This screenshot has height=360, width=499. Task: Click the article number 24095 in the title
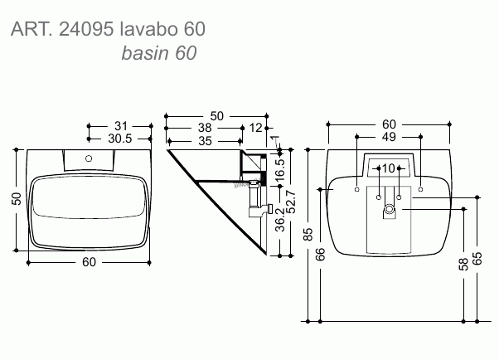[86, 29]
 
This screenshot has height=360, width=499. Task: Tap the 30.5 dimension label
[119, 139]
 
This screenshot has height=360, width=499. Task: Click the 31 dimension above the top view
[121, 126]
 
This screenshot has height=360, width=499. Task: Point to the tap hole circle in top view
[89, 158]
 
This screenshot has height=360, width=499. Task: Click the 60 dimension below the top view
[89, 262]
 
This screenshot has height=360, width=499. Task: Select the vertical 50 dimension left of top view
[17, 199]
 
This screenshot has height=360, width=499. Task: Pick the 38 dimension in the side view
[205, 128]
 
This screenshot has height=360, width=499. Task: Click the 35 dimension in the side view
[205, 141]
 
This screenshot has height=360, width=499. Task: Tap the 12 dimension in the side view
[256, 128]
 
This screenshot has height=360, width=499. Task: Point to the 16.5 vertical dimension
[280, 168]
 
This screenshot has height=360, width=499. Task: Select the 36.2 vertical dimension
[280, 220]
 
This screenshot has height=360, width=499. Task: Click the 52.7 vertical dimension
[291, 202]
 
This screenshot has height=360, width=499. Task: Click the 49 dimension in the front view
[389, 137]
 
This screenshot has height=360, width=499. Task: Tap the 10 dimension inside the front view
[388, 168]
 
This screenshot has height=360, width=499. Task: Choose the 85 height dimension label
[308, 234]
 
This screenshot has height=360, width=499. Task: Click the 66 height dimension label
[321, 254]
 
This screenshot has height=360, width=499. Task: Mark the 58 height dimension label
[463, 264]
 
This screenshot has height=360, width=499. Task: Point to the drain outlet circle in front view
[389, 209]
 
